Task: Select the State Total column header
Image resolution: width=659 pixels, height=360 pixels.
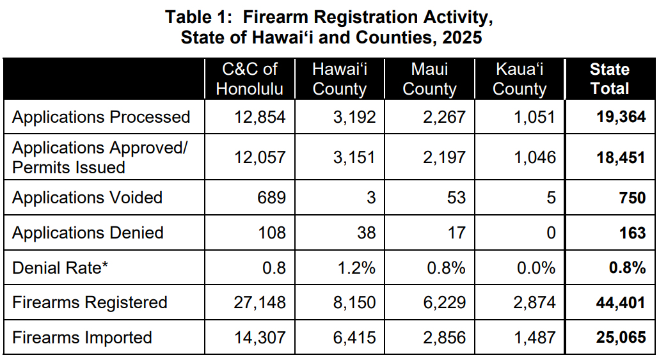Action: [x=610, y=79]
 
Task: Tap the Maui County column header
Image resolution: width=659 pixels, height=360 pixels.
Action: [x=429, y=79]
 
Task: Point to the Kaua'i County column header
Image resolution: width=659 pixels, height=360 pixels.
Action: [x=520, y=79]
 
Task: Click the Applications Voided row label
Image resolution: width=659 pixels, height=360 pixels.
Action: [x=87, y=198]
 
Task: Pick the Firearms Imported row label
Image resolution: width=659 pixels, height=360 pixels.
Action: [x=82, y=337]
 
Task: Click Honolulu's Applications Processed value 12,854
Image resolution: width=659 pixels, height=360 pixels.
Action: [x=260, y=117]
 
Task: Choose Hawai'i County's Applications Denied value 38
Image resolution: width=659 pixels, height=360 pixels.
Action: [x=367, y=233]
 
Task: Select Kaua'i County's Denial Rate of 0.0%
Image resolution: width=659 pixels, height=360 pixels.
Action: [x=536, y=267]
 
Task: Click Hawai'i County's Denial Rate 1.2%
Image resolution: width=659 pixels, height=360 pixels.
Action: [x=357, y=267]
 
